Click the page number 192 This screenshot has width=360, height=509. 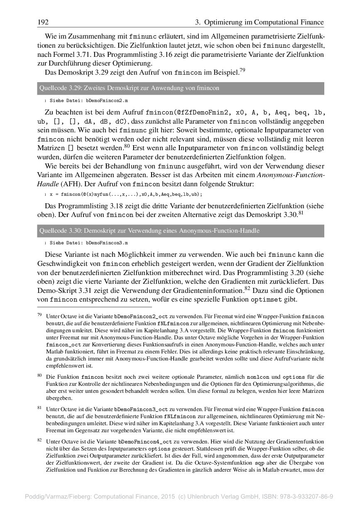(x=43, y=22)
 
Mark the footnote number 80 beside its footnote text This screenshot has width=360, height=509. (x=40, y=375)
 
